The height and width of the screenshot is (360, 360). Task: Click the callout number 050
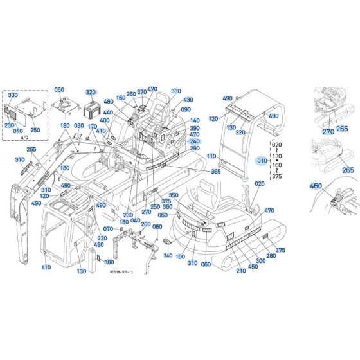(59, 90)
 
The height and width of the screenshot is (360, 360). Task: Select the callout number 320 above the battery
(90, 92)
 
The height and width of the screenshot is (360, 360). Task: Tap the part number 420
(152, 89)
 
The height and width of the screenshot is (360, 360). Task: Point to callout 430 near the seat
(188, 100)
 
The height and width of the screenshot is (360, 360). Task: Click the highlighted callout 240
(195, 141)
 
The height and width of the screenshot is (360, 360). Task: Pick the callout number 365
(215, 172)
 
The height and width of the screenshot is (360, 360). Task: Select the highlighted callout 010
(261, 159)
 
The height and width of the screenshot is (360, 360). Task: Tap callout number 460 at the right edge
(315, 186)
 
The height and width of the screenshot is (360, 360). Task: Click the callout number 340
(168, 255)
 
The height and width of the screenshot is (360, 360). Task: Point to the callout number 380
(109, 262)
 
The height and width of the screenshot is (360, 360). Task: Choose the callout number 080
(157, 227)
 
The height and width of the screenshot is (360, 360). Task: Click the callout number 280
(271, 256)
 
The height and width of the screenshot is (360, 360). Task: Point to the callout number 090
(186, 110)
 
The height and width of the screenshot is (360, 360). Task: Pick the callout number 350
(174, 195)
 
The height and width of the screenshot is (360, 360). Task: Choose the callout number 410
(101, 131)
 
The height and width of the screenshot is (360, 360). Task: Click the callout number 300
(260, 261)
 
